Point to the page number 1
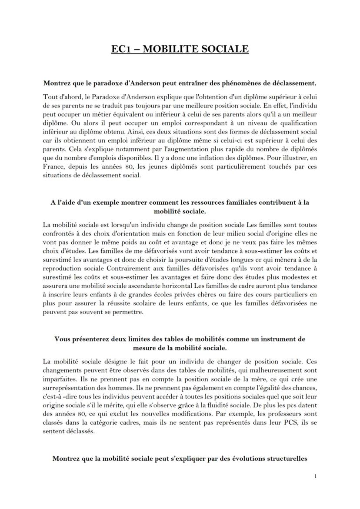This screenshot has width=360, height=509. [x=315, y=476]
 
